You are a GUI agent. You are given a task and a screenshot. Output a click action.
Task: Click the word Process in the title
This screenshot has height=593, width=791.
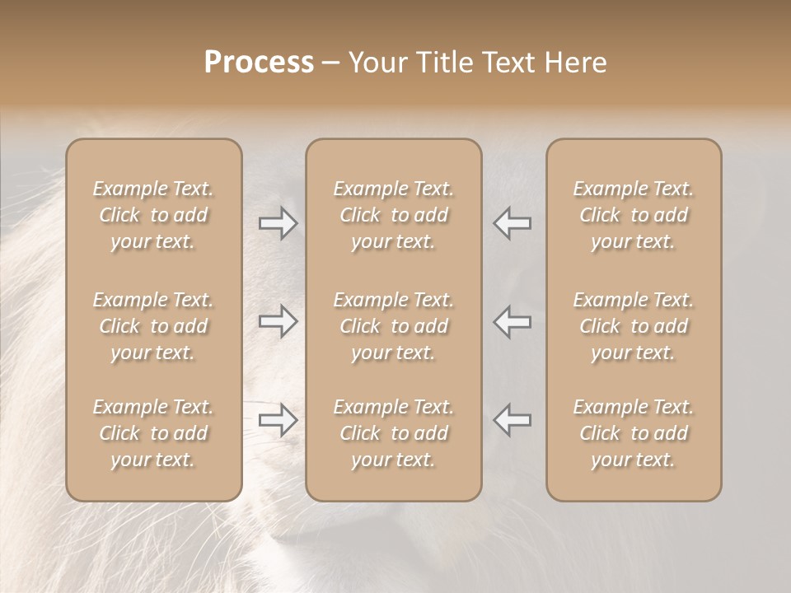(259, 63)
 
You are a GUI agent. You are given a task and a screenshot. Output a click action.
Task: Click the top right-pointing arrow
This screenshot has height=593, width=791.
(278, 223)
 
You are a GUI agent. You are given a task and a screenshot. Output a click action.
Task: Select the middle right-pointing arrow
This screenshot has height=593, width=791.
(278, 321)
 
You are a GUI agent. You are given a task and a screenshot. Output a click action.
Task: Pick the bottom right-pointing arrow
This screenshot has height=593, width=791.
(278, 420)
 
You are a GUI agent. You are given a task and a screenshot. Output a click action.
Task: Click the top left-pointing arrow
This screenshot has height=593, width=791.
(513, 223)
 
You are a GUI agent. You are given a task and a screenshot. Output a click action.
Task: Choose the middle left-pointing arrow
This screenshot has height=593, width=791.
(513, 321)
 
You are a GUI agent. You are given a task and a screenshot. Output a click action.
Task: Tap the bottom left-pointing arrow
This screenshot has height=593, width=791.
(513, 420)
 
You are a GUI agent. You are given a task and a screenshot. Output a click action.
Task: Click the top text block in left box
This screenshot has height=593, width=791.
(153, 215)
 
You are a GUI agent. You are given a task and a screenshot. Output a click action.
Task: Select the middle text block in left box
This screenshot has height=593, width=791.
(153, 326)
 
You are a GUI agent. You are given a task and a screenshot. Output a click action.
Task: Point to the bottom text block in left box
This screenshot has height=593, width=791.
(153, 433)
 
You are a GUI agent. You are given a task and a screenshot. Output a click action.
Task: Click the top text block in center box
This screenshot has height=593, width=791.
(393, 215)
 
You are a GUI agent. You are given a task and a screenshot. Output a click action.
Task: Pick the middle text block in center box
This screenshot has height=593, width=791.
(393, 326)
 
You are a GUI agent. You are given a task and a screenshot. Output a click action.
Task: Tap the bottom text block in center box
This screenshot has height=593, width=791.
(393, 433)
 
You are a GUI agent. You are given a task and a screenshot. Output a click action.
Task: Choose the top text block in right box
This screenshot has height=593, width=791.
(634, 215)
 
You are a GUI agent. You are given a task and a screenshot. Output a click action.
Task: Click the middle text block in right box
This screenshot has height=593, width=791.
(634, 326)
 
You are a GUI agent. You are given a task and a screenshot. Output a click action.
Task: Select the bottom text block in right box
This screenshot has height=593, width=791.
(634, 433)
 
